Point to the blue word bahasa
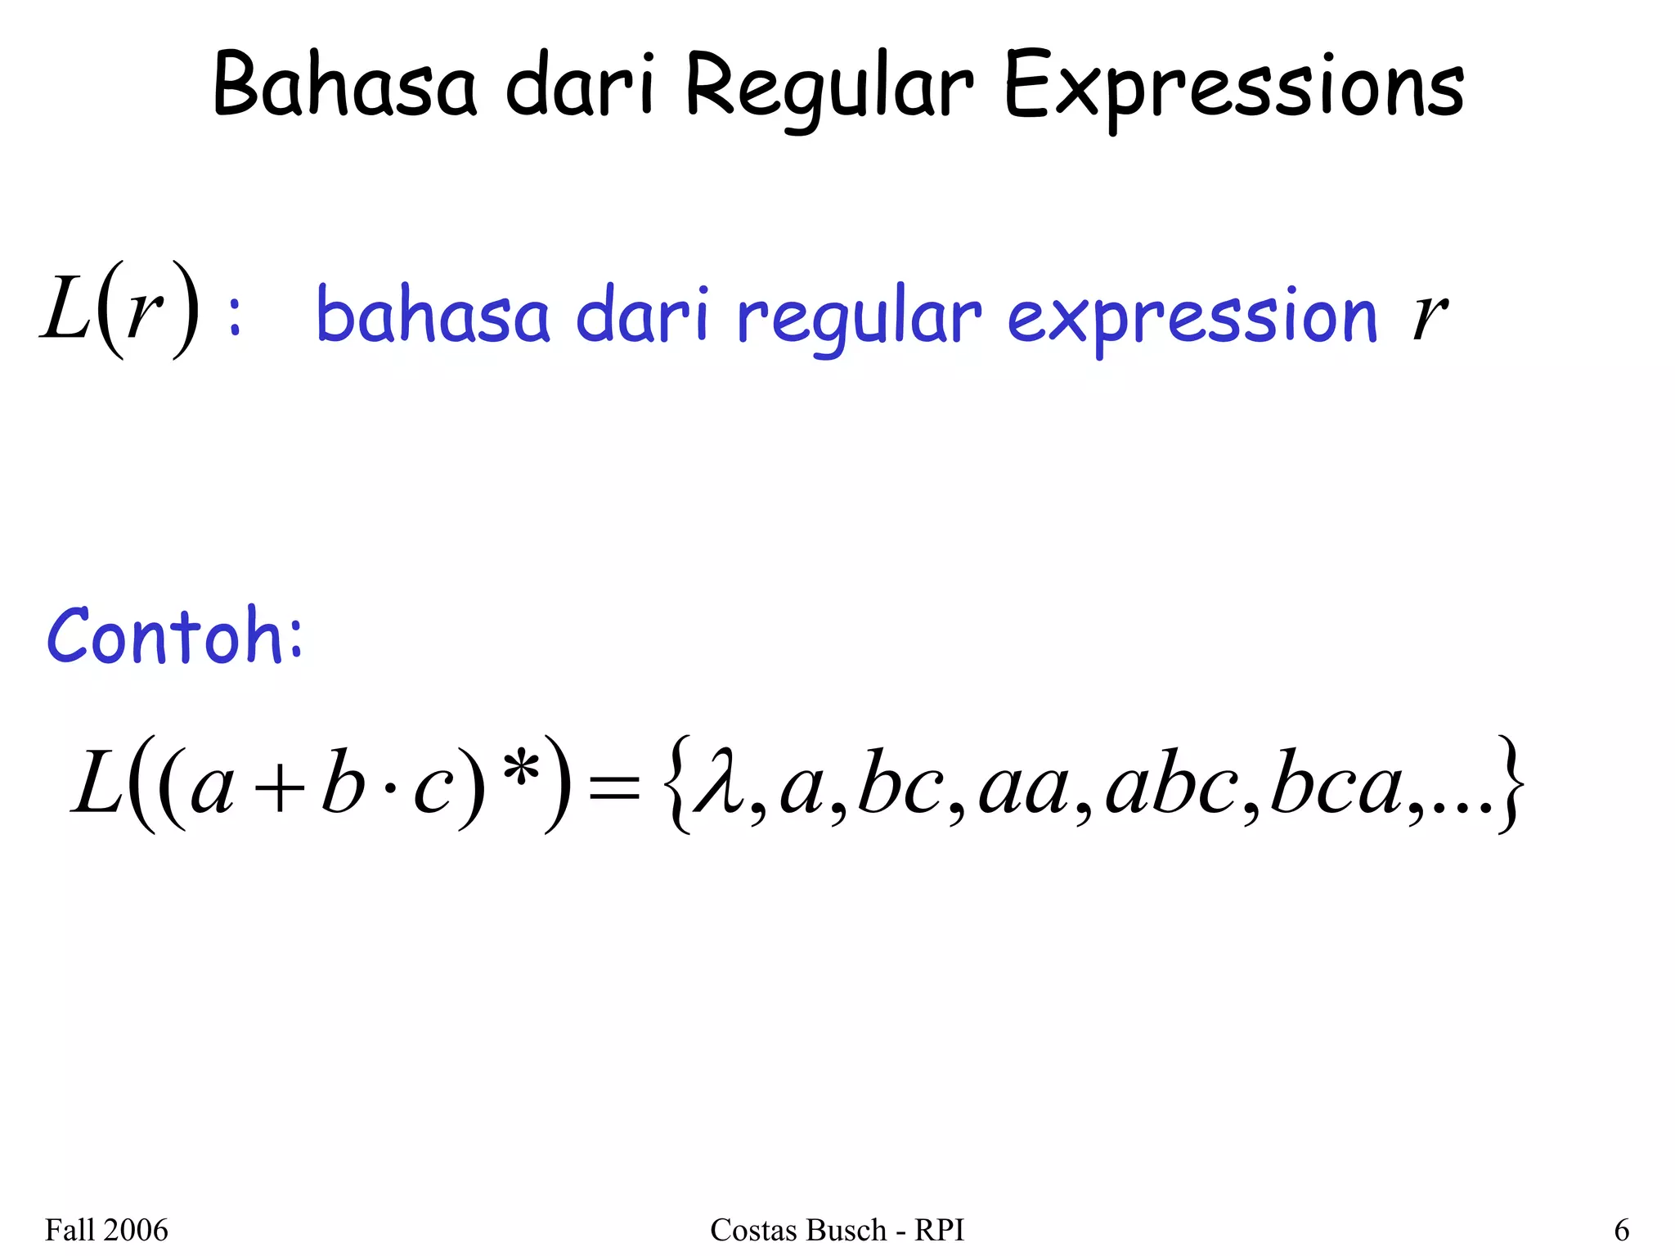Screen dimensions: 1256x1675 tap(433, 315)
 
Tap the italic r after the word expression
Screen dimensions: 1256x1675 tap(1429, 315)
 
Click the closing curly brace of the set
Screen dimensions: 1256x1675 tap(1510, 783)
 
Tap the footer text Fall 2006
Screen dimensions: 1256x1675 tap(106, 1230)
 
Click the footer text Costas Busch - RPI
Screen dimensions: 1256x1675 tap(837, 1230)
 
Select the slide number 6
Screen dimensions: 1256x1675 tap(1621, 1230)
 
